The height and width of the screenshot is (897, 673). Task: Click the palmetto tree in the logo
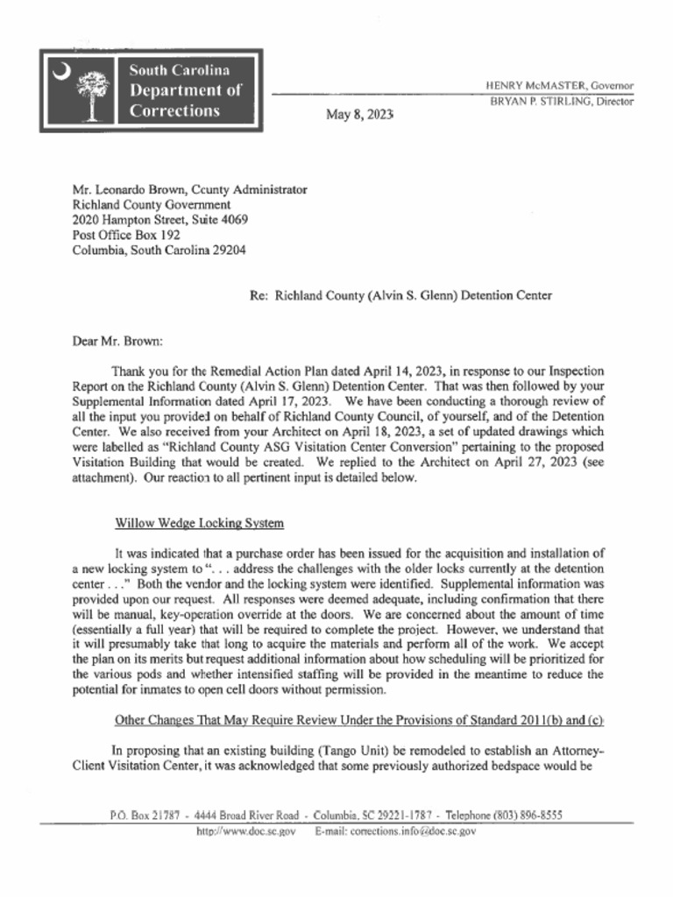[89, 94]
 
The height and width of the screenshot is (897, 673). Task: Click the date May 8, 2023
[359, 115]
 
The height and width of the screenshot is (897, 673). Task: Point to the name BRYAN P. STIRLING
[536, 102]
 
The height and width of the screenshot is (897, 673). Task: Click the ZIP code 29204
[225, 250]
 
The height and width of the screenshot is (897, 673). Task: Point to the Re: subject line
[400, 295]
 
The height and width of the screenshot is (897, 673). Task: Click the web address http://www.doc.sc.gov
[245, 830]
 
